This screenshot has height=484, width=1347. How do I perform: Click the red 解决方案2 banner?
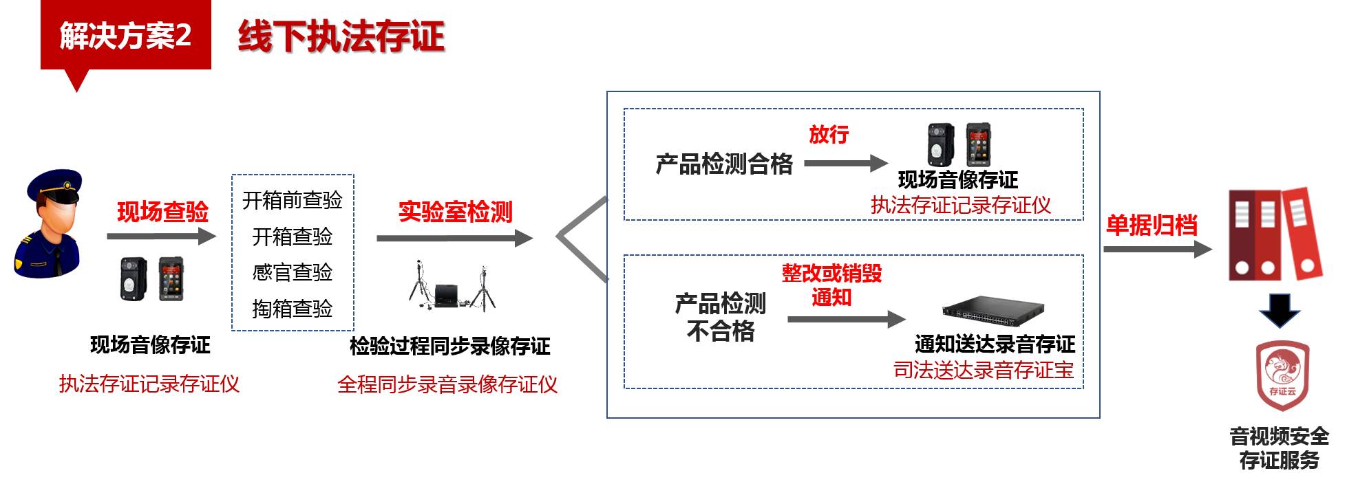coord(126,36)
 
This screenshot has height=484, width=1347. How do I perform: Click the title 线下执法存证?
coord(341,36)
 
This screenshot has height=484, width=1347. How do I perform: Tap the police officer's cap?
coord(54,186)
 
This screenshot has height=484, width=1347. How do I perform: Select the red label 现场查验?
coord(162,212)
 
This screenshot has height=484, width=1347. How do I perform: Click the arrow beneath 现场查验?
coord(162,236)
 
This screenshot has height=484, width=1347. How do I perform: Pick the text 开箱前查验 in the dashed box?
coord(293,200)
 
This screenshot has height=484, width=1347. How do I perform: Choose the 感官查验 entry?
coord(293,272)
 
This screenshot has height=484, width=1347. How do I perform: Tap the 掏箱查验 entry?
coord(293,309)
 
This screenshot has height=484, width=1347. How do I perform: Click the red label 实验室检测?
coord(456,212)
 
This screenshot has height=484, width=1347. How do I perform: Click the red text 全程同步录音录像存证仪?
coord(447,384)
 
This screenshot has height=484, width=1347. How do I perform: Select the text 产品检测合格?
coord(724,164)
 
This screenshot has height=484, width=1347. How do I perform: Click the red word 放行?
coord(829,135)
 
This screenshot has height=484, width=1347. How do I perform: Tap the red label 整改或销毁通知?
coord(832,285)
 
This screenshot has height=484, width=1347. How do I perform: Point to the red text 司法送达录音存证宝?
coord(984,370)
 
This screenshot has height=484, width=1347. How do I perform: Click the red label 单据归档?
coord(1152,225)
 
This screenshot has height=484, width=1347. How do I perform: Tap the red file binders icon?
coord(1275,234)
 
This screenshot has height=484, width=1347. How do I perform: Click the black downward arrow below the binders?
coord(1280,311)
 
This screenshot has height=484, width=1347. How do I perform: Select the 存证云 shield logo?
coord(1282,375)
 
